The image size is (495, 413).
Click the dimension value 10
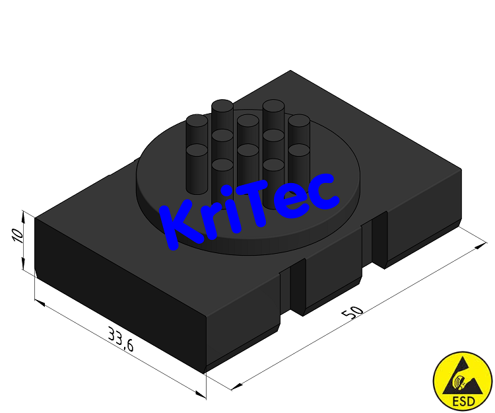pos(19,236)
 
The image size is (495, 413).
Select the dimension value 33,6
pos(121,344)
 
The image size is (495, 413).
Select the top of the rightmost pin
pos(299,121)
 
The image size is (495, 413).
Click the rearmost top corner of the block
pos(290,71)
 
